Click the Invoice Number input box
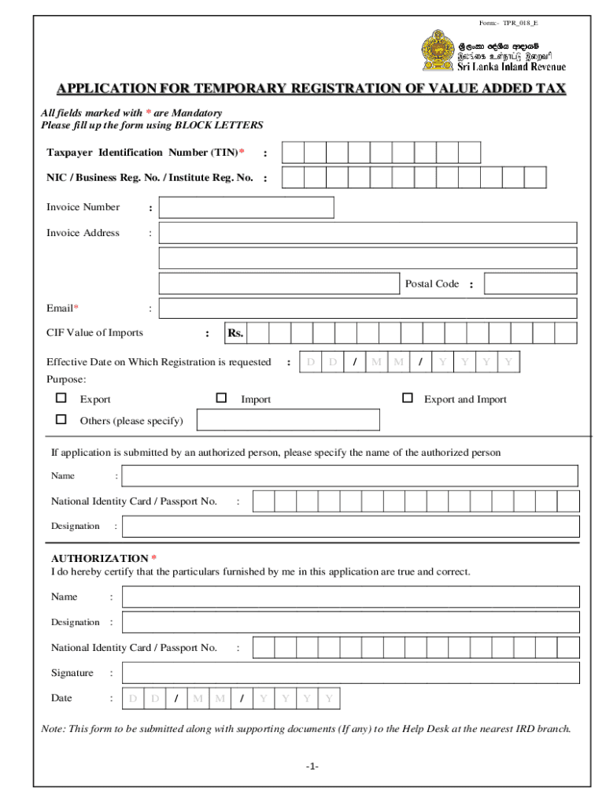pos(246,207)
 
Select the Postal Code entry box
pos(530,283)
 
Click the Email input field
pos(368,308)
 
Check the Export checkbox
pos(61,398)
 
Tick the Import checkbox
pos(221,398)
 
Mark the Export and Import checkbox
pos(407,398)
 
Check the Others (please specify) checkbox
pos(61,420)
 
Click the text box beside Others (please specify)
pos(287,420)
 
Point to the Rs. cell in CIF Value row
pos(235,333)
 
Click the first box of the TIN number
pos(293,152)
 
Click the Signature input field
pos(351,673)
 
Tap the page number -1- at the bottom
pos(313,766)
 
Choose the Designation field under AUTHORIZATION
pos(351,622)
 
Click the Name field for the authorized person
pos(349,475)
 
